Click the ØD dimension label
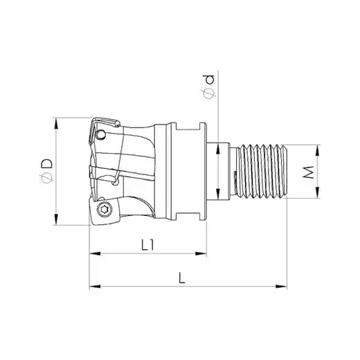(47, 170)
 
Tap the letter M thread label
(309, 172)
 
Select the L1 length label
(147, 245)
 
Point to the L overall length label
(182, 278)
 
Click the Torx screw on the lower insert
(104, 210)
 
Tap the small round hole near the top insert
(101, 134)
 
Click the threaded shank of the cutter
(262, 171)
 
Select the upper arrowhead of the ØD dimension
(56, 123)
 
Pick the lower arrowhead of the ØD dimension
(56, 219)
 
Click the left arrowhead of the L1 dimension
(95, 253)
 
